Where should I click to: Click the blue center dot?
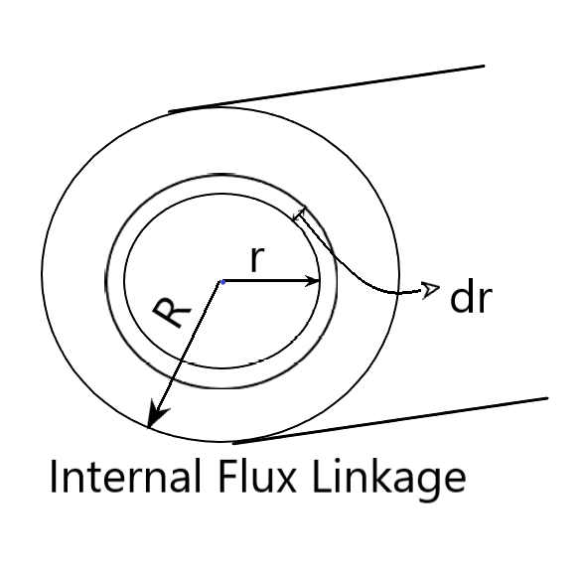click(223, 282)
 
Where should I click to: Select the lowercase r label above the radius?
click(257, 259)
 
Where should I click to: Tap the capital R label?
click(172, 313)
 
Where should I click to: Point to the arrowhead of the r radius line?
click(312, 281)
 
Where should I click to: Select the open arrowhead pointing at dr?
click(431, 289)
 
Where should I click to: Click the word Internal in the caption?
click(125, 476)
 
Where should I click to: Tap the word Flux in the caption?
click(257, 476)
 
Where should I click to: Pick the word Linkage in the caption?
click(389, 480)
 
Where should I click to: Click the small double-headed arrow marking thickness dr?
click(299, 214)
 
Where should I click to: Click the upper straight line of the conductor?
click(327, 88)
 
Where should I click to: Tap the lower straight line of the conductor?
click(390, 420)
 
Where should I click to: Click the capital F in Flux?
click(228, 476)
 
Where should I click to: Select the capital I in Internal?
click(53, 476)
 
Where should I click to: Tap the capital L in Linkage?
click(323, 476)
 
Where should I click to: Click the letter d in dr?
click(461, 298)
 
